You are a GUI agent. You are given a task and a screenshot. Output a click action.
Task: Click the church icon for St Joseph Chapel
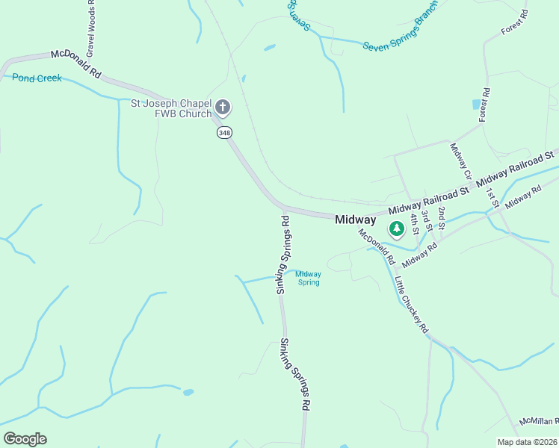click(x=223, y=108)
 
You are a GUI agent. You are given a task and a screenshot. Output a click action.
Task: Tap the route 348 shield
click(x=224, y=132)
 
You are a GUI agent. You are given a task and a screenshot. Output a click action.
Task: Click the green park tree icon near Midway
click(x=396, y=228)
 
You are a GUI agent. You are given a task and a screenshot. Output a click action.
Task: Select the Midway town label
click(x=355, y=220)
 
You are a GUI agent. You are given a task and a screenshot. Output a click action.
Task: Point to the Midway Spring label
click(x=308, y=278)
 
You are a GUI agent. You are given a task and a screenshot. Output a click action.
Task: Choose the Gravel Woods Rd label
click(x=90, y=30)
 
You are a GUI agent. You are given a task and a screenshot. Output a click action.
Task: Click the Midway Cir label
click(x=460, y=161)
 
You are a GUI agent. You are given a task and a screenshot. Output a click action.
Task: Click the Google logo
click(x=25, y=439)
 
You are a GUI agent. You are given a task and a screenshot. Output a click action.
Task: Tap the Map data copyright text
click(x=528, y=442)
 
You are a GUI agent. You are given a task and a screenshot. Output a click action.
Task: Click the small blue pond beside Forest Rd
click(x=477, y=105)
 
